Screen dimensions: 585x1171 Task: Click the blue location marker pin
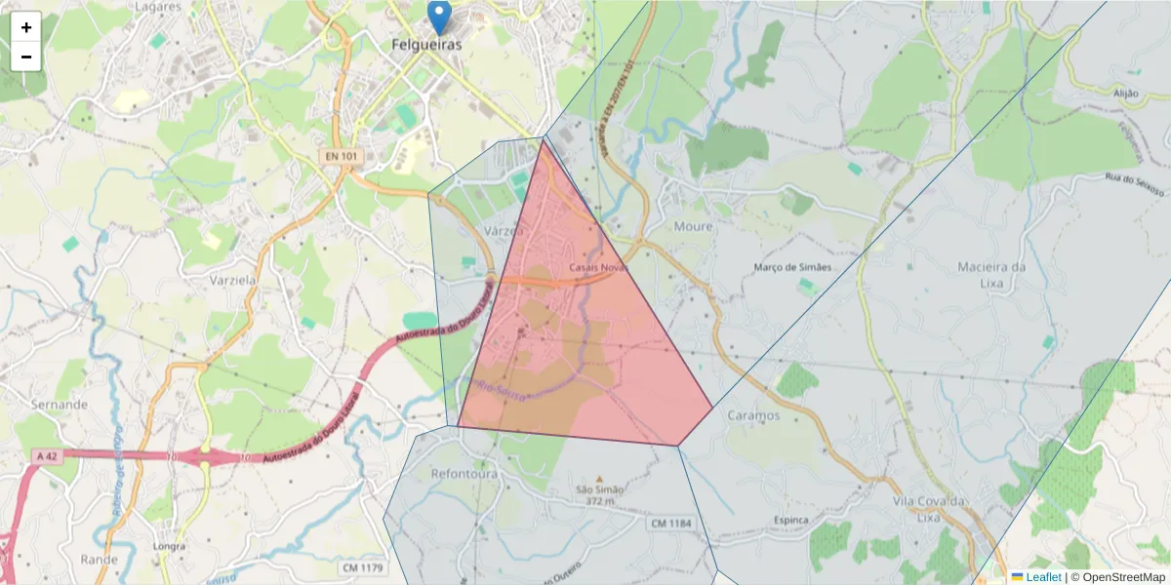point(440,16)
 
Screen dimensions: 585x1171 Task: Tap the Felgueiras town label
point(425,44)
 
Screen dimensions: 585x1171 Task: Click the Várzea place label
point(504,231)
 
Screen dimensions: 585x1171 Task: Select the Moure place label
point(693,226)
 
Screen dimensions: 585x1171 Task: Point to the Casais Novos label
point(597,267)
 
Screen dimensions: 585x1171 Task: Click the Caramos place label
point(753,415)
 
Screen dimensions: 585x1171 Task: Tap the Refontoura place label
point(464,474)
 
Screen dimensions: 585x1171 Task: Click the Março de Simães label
point(793,267)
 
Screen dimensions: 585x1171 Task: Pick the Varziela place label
point(232,279)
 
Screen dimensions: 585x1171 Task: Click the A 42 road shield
point(46,455)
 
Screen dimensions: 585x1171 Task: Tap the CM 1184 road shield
point(670,524)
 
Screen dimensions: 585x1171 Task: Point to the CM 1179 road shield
point(362,567)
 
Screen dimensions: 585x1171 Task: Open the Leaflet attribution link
point(1042,577)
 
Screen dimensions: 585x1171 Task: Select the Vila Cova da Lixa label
point(929,509)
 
